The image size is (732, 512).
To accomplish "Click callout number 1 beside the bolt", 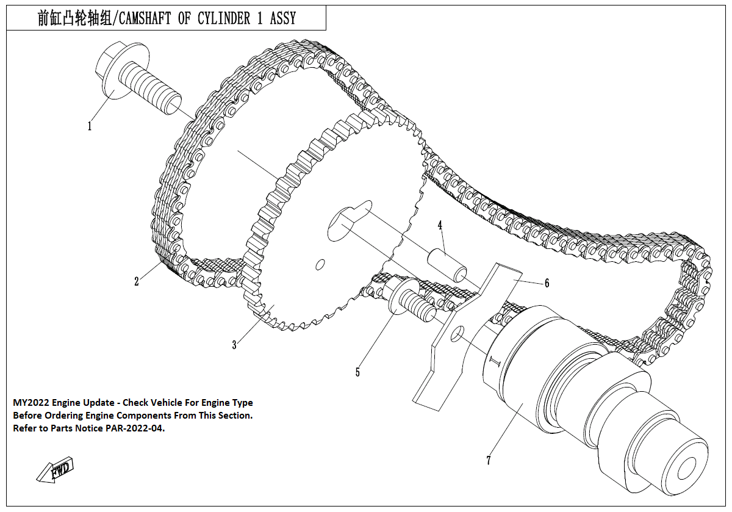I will coord(90,126).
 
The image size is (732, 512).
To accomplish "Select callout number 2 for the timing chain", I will coord(137,281).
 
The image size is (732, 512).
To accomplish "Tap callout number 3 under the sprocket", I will coord(234,345).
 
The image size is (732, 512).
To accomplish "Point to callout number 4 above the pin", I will coord(439,225).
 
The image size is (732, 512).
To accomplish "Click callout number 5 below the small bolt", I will coord(358,372).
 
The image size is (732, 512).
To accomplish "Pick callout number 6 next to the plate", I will coord(547,283).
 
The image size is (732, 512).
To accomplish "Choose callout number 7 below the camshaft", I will coord(488,461).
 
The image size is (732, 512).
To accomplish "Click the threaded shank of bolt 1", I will coord(149,88).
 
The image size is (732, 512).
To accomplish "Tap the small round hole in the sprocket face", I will coord(319,264).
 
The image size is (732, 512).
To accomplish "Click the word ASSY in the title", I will coord(282,19).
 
